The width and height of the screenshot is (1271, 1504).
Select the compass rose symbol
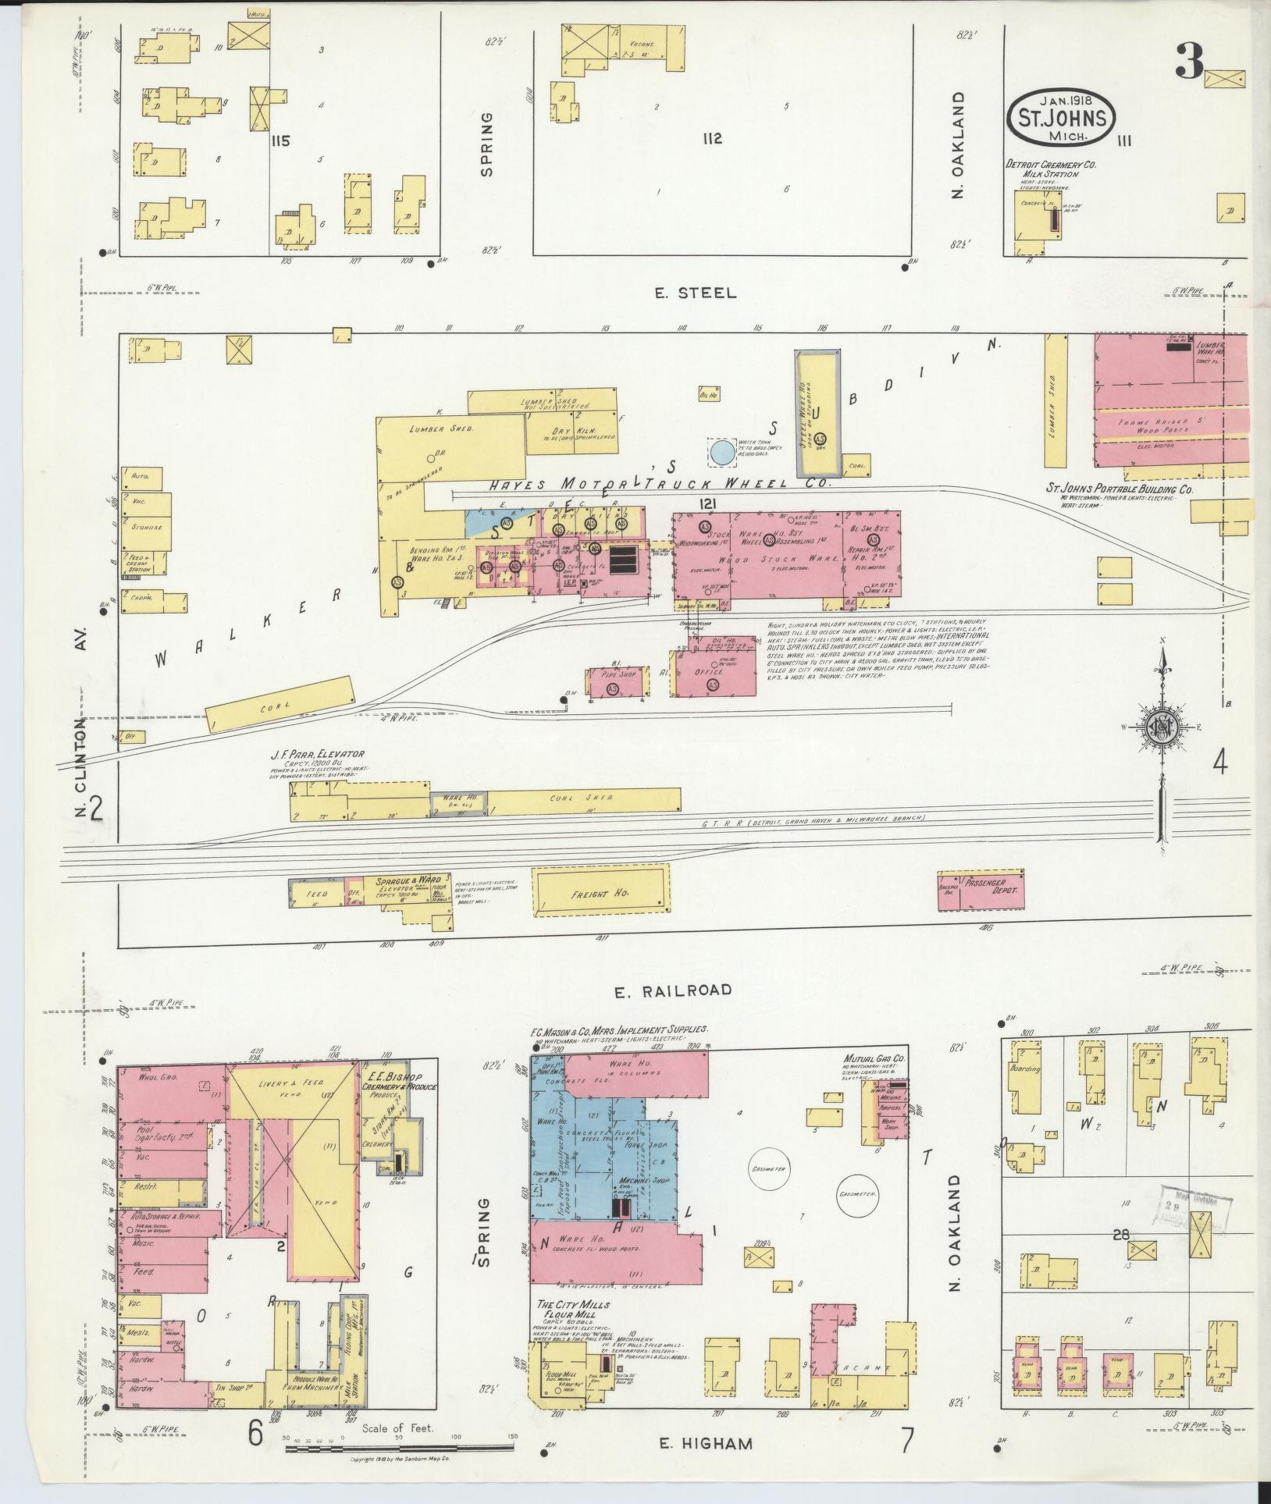[1161, 725]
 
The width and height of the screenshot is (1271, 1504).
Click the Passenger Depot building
[981, 891]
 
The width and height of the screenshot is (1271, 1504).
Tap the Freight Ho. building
[602, 893]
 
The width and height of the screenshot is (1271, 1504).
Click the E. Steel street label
[696, 293]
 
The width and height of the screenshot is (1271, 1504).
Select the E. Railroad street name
[672, 990]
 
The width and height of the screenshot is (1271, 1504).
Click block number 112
[711, 139]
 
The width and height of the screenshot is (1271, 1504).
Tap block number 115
[279, 141]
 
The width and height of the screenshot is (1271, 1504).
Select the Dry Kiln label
[579, 430]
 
